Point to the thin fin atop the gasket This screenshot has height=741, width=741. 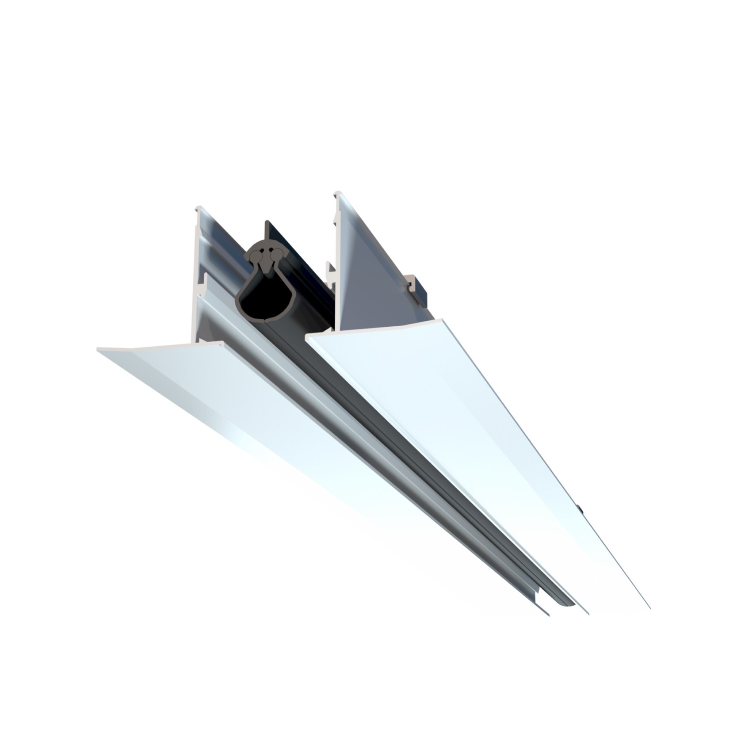[x=267, y=230]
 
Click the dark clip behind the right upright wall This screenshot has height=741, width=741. [x=418, y=290]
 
